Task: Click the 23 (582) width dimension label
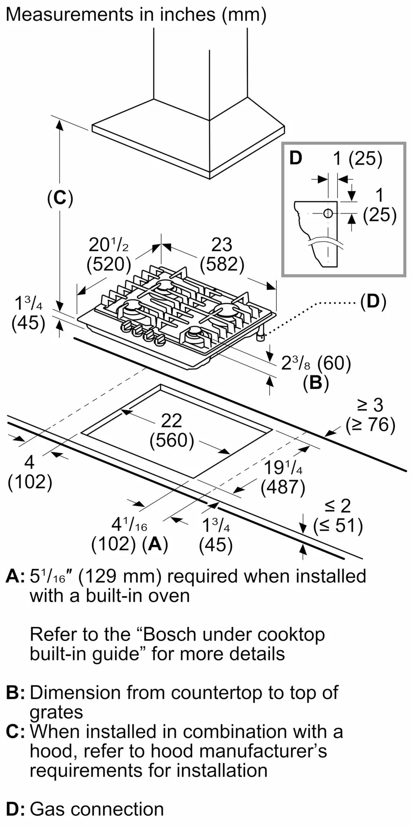(222, 254)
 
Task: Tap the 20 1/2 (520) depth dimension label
(109, 254)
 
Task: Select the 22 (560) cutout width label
(172, 431)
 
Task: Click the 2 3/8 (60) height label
(316, 363)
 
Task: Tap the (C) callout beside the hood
(60, 198)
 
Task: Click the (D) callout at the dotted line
(373, 302)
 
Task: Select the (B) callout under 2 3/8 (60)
(316, 383)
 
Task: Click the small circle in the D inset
(328, 214)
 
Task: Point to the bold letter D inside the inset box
(296, 158)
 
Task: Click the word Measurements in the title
(66, 15)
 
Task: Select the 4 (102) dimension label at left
(30, 472)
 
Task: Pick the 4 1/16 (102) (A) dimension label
(130, 535)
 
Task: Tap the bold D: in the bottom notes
(15, 809)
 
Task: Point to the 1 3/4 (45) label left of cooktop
(28, 314)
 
